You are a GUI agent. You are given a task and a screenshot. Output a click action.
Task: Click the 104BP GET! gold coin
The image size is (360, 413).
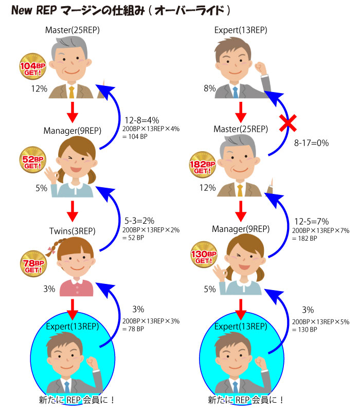32,66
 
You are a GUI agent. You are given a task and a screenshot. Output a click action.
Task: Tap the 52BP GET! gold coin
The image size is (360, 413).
32,159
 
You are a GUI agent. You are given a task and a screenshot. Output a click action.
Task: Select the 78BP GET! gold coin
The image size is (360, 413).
33,264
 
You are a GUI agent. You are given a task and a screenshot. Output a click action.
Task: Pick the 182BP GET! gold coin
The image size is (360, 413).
203,165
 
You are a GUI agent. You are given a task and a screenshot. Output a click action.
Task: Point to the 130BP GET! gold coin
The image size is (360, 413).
204,255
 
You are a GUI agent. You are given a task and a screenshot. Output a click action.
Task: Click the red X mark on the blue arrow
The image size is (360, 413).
288,123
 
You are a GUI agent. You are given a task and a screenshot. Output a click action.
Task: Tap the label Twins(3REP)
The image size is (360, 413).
73,231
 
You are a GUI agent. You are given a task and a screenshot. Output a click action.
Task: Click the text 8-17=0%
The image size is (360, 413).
312,143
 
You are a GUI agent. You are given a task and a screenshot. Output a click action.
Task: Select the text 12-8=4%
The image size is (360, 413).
141,120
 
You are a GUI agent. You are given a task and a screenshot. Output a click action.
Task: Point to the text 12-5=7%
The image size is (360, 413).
312,221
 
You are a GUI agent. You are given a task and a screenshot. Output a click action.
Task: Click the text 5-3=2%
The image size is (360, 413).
139,221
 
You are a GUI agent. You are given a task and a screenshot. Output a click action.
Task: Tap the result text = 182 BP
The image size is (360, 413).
304,238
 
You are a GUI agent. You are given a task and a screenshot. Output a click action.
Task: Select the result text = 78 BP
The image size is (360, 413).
133,329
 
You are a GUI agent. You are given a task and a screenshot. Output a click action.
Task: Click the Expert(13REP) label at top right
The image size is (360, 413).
241,30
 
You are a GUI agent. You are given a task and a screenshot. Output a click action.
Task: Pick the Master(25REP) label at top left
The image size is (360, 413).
73,30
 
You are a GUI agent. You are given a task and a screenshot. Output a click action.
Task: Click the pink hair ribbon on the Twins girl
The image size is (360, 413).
51,250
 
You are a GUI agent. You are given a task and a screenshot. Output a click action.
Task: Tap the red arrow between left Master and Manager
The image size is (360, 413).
73,113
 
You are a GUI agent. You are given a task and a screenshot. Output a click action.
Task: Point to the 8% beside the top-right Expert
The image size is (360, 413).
210,88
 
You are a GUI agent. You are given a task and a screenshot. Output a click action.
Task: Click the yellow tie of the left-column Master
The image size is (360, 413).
71,92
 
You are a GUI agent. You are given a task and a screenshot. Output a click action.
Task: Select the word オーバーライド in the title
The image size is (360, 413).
189,11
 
